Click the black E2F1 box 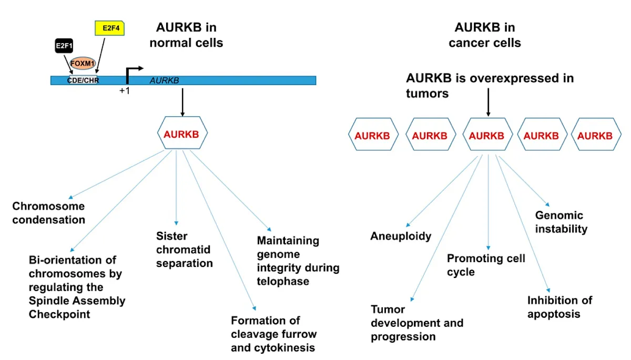click(x=63, y=46)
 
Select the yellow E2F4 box click(x=109, y=28)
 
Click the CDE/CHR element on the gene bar click(x=83, y=80)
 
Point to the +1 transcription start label click(x=125, y=91)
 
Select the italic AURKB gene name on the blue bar click(x=164, y=80)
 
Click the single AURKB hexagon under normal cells click(x=182, y=133)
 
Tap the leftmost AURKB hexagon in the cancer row click(x=372, y=135)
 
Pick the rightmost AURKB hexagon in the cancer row click(x=595, y=135)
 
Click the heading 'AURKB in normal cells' click(x=186, y=35)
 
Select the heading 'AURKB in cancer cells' click(x=484, y=35)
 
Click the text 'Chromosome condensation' click(x=48, y=213)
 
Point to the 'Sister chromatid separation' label click(x=184, y=250)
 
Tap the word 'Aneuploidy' click(x=401, y=236)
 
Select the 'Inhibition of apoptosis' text click(x=559, y=307)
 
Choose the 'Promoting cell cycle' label click(x=486, y=265)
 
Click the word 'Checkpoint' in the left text click(x=59, y=314)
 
